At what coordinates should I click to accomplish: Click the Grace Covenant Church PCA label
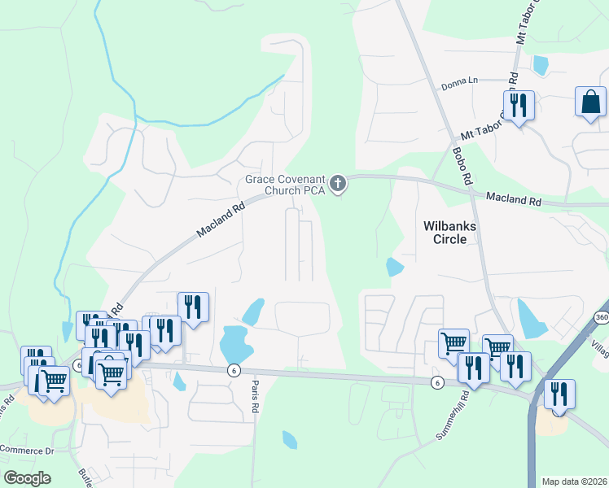click(286, 185)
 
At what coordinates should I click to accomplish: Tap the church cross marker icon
click(338, 185)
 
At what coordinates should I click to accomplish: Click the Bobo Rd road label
click(462, 164)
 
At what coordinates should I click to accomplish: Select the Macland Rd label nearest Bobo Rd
click(513, 198)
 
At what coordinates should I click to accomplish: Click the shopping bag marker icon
click(590, 102)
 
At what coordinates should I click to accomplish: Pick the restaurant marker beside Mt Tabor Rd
click(518, 106)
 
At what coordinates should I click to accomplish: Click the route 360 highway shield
click(601, 316)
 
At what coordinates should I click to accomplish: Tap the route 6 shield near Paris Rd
click(234, 370)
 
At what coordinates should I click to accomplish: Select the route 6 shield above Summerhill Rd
click(437, 381)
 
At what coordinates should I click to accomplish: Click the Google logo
click(27, 478)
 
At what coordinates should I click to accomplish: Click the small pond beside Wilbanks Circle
click(395, 267)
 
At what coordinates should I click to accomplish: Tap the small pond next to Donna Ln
click(540, 65)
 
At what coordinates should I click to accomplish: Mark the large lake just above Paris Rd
click(234, 342)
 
